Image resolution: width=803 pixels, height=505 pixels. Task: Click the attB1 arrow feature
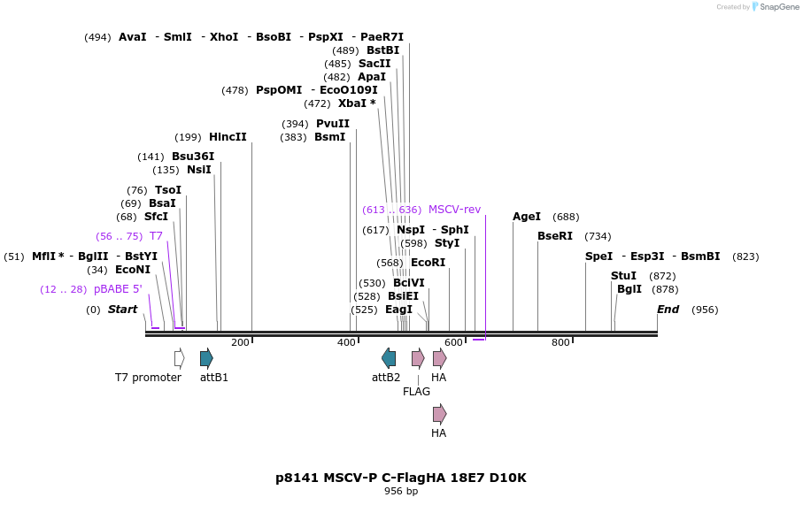coord(206,358)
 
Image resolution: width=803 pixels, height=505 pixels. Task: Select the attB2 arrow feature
coord(389,358)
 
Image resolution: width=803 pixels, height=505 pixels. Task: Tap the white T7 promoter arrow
coord(180,358)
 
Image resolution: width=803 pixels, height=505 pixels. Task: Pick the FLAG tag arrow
coord(418,358)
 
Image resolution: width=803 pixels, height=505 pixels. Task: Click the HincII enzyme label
coord(228,137)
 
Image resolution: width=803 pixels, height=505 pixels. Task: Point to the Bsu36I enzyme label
coord(193,157)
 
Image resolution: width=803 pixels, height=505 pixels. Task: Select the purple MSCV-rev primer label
coord(454,210)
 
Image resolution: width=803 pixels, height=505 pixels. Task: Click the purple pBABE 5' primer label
coord(118,289)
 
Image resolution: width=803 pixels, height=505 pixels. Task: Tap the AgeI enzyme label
coord(527,217)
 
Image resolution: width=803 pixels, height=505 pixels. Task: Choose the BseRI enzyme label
coord(555,236)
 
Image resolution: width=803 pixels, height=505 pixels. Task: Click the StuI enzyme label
coord(623,276)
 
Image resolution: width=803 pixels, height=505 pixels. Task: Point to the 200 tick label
coord(240,342)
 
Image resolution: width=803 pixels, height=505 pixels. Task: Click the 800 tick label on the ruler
coord(560,342)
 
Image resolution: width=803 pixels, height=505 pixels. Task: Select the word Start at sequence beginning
coord(123,310)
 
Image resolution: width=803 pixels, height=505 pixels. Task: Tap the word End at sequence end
coord(668,310)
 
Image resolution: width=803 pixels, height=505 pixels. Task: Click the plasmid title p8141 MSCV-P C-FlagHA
coord(401,478)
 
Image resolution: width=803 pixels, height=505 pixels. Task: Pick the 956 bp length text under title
coord(401,492)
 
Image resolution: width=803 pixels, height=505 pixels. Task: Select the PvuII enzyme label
coord(333,124)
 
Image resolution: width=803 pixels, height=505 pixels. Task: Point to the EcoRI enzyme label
coord(428,263)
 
